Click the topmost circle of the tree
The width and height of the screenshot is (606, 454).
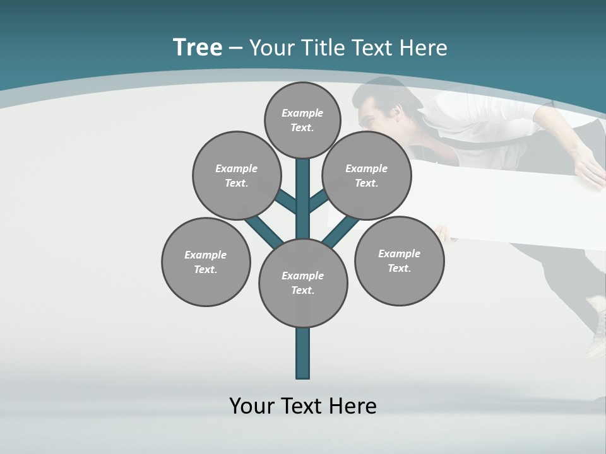coord(302,120)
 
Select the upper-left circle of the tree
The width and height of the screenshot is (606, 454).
coord(236,175)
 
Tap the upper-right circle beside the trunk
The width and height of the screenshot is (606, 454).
coord(366,175)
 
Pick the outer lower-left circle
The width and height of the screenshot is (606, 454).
coord(206,262)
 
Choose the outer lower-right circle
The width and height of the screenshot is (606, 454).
coord(399,260)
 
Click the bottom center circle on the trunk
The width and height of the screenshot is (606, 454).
coord(303,282)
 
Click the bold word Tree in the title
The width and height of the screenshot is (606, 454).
coord(198,47)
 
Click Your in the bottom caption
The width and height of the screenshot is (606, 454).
coord(252,405)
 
